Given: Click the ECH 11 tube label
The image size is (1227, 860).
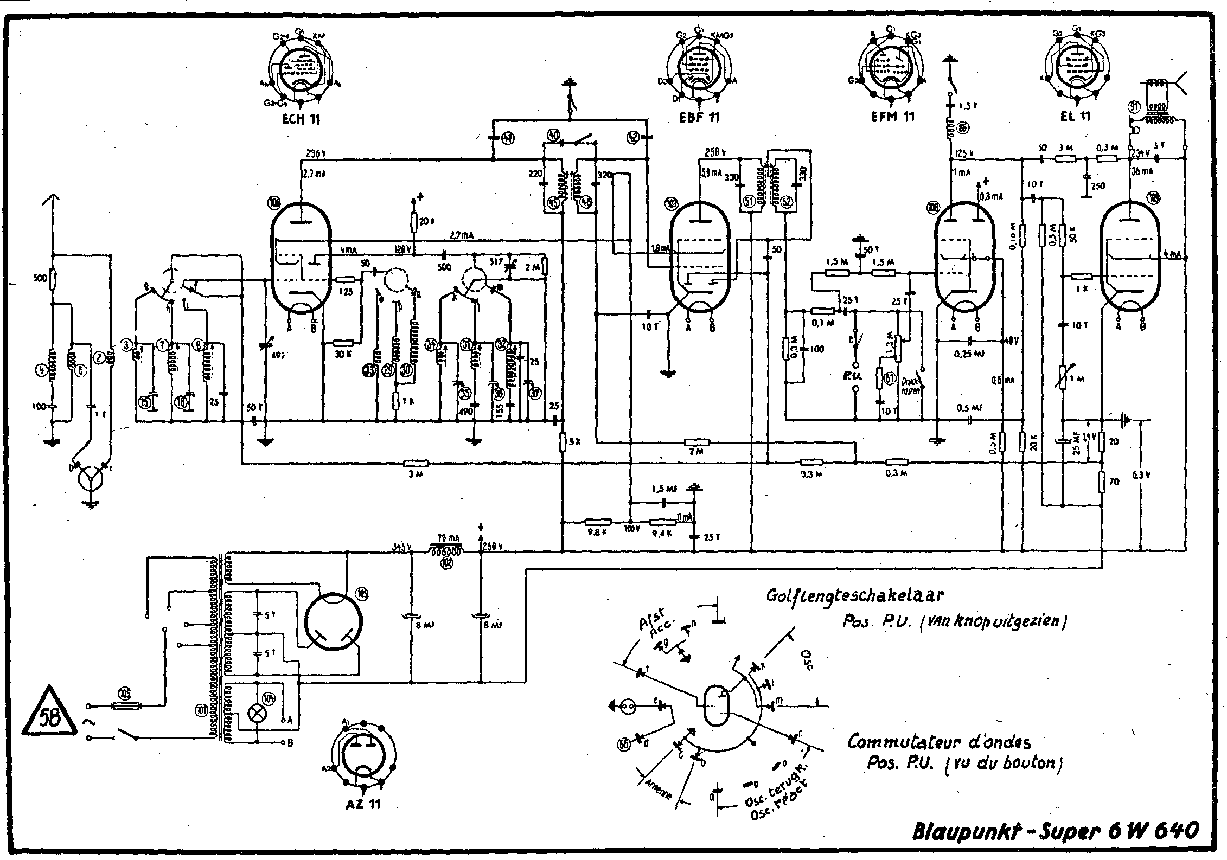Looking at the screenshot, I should pos(301,119).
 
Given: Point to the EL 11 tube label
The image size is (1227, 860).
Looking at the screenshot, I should pos(1075,116).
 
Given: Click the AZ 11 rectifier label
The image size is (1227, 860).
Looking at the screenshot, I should pos(363,804).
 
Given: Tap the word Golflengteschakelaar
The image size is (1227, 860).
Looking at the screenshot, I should pos(854,596).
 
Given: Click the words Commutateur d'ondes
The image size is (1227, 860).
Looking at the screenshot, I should pos(939,741).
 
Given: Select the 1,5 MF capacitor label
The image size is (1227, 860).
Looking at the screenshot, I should pos(663,489).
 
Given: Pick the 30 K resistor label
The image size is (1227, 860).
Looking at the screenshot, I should pos(343,354).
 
